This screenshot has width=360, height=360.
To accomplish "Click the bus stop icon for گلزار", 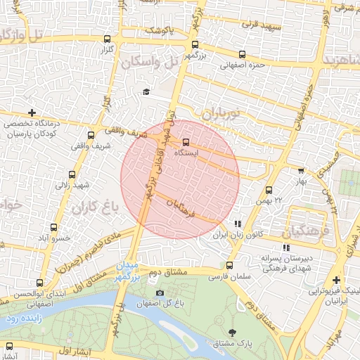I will [x=107, y=39].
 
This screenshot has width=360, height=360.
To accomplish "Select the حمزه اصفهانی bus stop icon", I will [x=243, y=54].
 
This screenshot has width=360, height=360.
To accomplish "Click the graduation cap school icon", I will [x=146, y=92].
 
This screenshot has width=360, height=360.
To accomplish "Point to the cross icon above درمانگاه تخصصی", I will [x=32, y=112].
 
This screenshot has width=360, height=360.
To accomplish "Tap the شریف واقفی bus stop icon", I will [x=91, y=136].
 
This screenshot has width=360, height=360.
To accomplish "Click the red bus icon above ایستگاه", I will [x=186, y=142].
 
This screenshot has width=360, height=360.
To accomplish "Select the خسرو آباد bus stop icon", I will [x=54, y=227].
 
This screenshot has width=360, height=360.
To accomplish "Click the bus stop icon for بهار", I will [x=302, y=170].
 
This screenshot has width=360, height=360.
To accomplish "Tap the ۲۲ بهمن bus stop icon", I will [x=269, y=190].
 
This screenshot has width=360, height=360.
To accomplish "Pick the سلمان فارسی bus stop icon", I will [x=229, y=265].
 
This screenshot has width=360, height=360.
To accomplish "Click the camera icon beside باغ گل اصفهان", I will [x=160, y=292].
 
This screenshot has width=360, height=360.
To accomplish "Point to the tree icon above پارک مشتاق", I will [x=233, y=331].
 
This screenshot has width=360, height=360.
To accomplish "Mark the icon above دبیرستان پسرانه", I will [x=285, y=247].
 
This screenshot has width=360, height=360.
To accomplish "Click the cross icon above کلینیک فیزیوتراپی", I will [x=337, y=280].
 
